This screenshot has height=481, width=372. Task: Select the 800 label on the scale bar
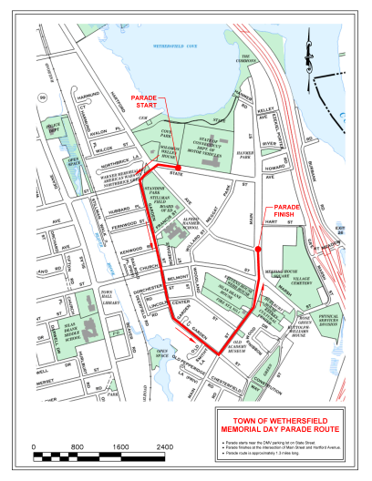coord(77,448)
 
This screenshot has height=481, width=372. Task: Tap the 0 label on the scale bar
coord(34,448)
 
